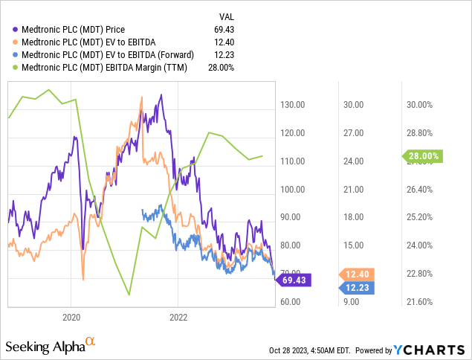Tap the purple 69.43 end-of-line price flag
[296, 280]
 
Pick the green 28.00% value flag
[424, 156]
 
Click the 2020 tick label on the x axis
[71, 315]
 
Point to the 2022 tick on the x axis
[178, 315]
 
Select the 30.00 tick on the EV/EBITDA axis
[353, 105]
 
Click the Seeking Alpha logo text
[45, 347]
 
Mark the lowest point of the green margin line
[129, 295]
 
